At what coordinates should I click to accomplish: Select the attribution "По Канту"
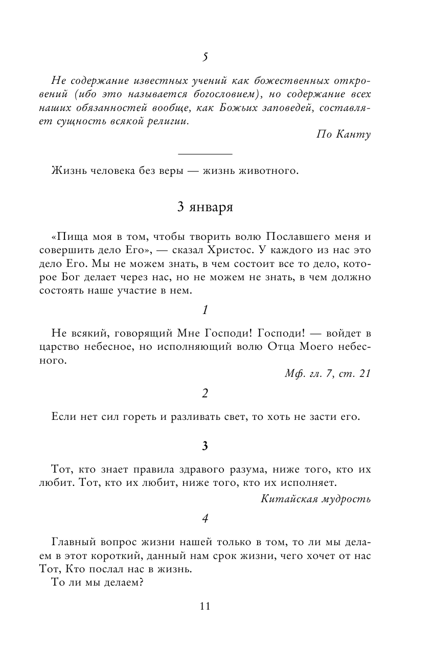[343, 135]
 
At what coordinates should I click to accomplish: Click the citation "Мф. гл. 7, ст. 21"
[328, 373]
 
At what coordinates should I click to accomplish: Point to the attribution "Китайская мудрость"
[315, 498]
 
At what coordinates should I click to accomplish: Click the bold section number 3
[204, 446]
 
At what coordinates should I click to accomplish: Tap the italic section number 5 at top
[204, 57]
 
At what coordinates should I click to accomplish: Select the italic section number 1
[204, 309]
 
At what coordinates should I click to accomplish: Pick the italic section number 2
[204, 394]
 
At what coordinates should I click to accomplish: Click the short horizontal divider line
[204, 153]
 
